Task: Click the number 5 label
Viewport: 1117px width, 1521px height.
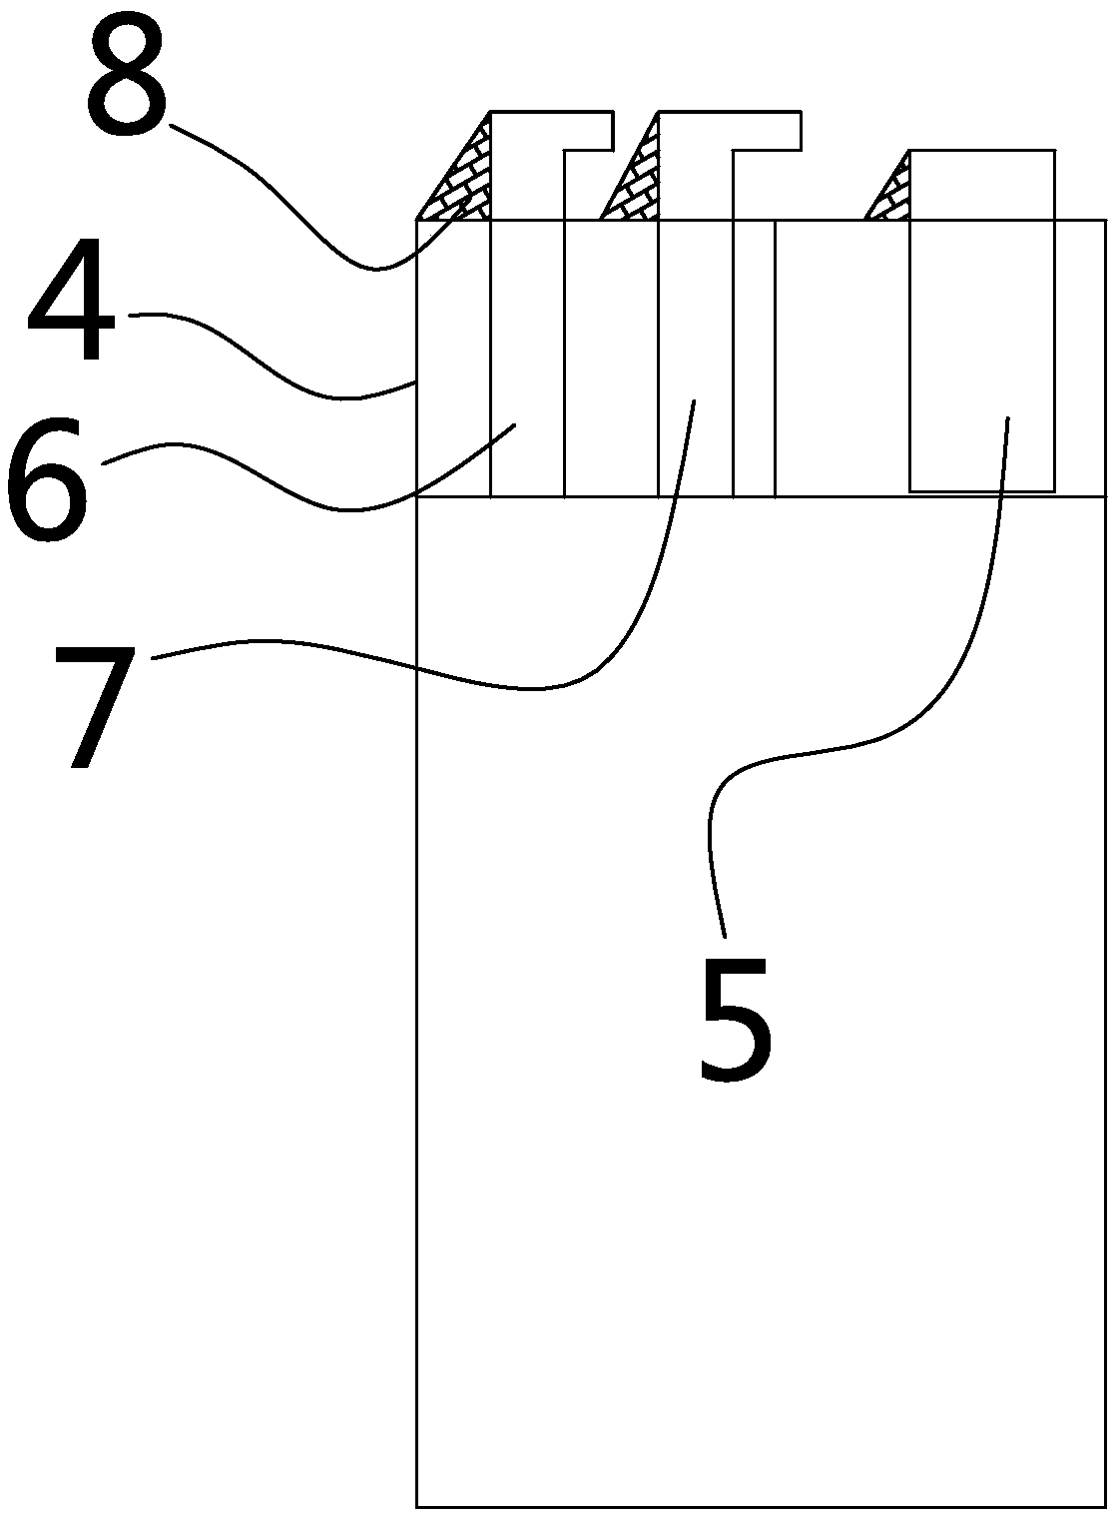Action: tap(736, 1018)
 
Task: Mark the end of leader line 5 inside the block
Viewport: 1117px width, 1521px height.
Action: tap(1007, 418)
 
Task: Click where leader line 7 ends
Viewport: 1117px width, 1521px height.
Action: tap(694, 400)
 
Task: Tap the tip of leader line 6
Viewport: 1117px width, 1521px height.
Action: tap(515, 425)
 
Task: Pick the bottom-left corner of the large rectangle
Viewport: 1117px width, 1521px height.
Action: tap(417, 1505)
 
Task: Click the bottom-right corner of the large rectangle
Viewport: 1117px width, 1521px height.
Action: tap(1105, 1505)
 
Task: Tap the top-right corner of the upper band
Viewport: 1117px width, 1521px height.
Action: tap(1105, 221)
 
